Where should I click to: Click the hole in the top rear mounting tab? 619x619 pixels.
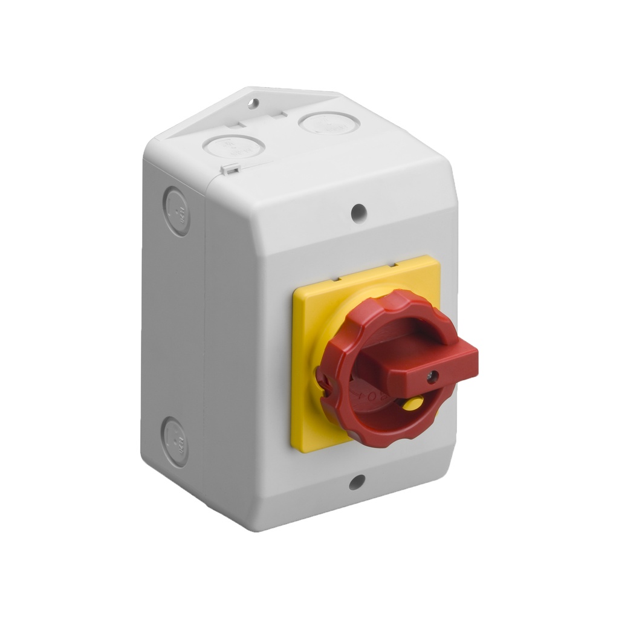(253, 103)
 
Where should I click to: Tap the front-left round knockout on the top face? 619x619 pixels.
(234, 146)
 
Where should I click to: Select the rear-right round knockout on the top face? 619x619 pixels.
(329, 123)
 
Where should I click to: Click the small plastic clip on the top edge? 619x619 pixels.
(228, 170)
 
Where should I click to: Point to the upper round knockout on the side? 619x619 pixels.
(178, 210)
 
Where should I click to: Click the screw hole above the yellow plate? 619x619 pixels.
(358, 212)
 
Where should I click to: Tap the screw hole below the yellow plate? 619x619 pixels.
(357, 482)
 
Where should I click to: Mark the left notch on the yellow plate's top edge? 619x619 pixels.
(339, 279)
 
